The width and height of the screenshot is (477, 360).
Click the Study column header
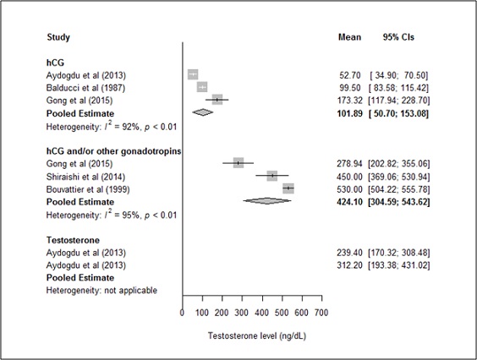58,37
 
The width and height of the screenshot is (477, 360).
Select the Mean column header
349,37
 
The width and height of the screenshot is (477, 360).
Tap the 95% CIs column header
398,37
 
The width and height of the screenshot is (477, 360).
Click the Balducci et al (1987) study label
85,88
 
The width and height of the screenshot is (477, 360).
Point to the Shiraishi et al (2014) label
85,177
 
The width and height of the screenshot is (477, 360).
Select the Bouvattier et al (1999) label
88,189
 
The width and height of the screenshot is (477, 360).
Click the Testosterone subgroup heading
73,240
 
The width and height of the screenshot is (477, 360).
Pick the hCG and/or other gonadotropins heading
113,151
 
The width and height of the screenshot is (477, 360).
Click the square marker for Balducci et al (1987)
202,87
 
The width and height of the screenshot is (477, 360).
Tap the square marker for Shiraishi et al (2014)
272,176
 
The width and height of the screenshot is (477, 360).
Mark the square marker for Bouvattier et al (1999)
288,188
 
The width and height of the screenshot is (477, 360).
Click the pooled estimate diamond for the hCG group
203,112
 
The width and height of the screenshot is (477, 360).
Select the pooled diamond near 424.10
267,200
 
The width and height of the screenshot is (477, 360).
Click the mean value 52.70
350,75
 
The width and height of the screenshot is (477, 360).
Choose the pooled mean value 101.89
350,114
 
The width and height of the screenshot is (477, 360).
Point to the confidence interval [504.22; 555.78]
399,189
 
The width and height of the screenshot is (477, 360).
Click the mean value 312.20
350,265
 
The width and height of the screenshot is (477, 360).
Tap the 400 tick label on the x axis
261,313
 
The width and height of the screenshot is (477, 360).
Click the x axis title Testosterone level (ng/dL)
257,336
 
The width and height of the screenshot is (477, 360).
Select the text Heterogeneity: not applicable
101,291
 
